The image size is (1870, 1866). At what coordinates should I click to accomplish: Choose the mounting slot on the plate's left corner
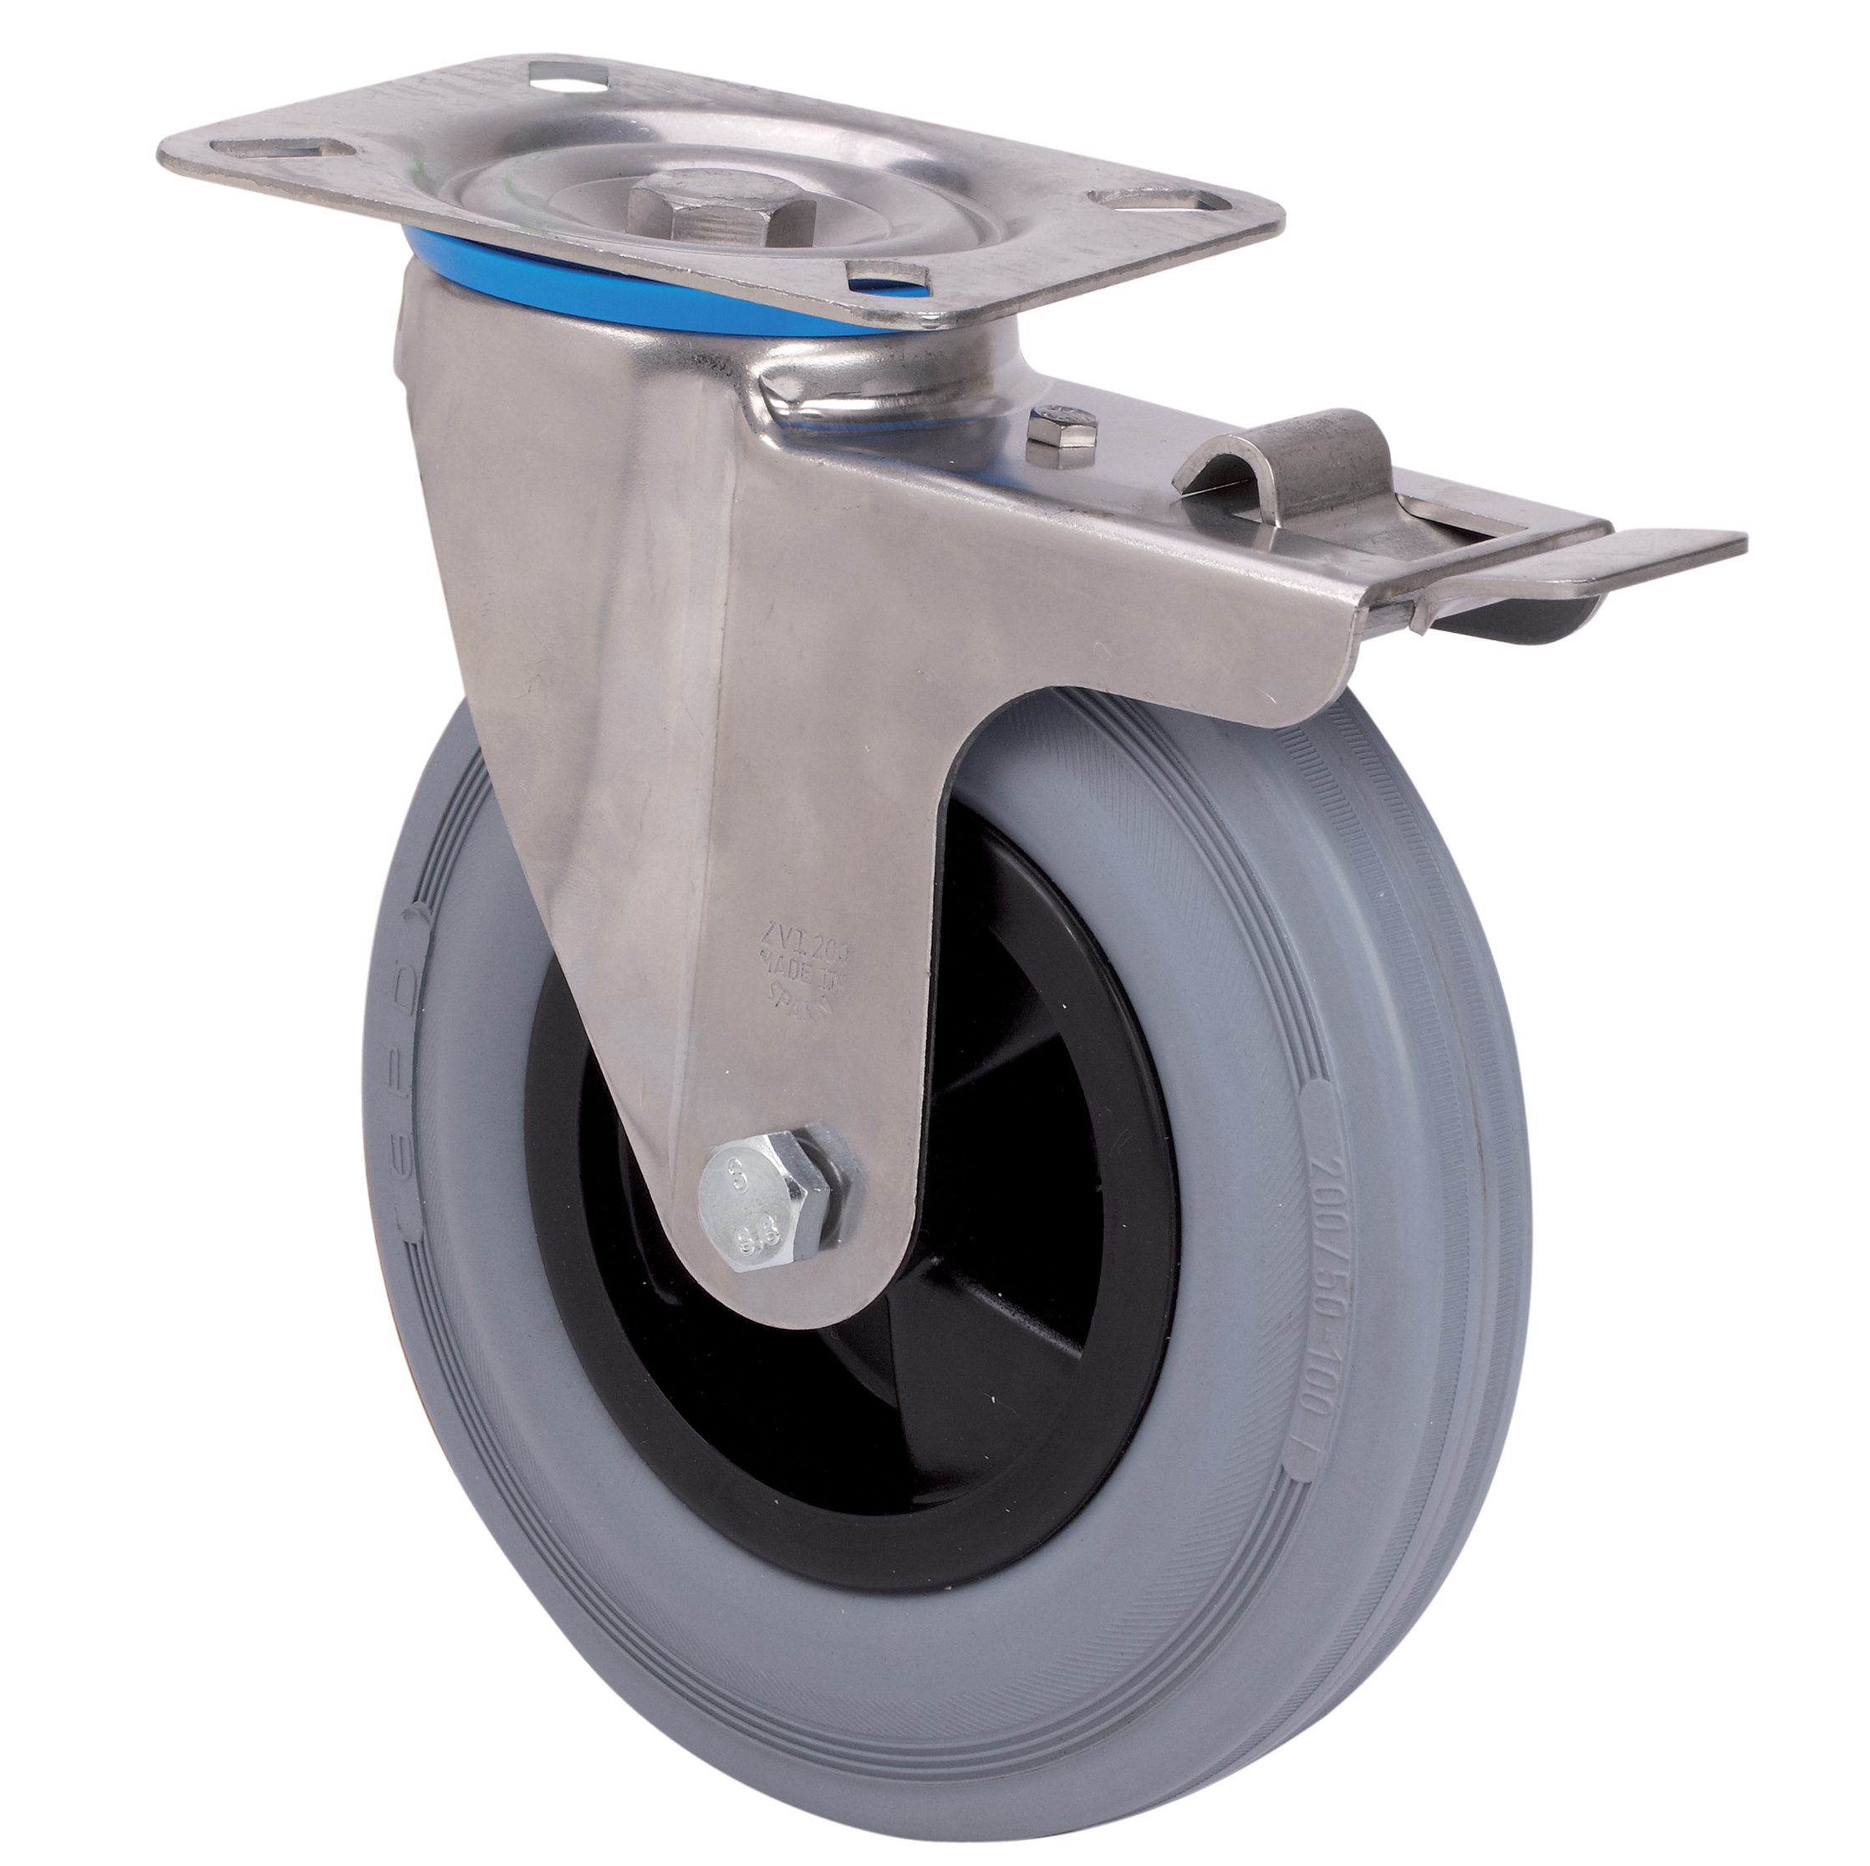pyautogui.click(x=282, y=150)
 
